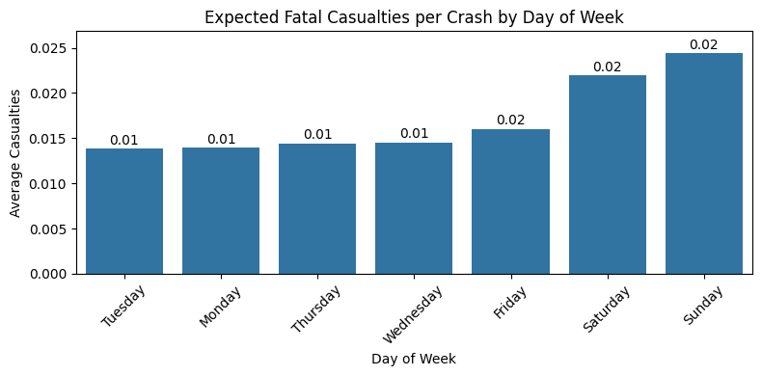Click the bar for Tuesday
pyautogui.click(x=124, y=211)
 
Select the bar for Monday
pyautogui.click(x=221, y=211)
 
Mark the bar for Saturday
pyautogui.click(x=608, y=175)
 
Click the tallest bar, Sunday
pyautogui.click(x=704, y=164)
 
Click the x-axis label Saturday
pyautogui.click(x=603, y=308)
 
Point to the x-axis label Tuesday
pyautogui.click(x=122, y=306)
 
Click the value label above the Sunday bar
pyautogui.click(x=704, y=45)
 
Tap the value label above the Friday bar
pyautogui.click(x=510, y=121)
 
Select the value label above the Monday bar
pyautogui.click(x=221, y=140)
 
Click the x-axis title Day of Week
pyautogui.click(x=414, y=359)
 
